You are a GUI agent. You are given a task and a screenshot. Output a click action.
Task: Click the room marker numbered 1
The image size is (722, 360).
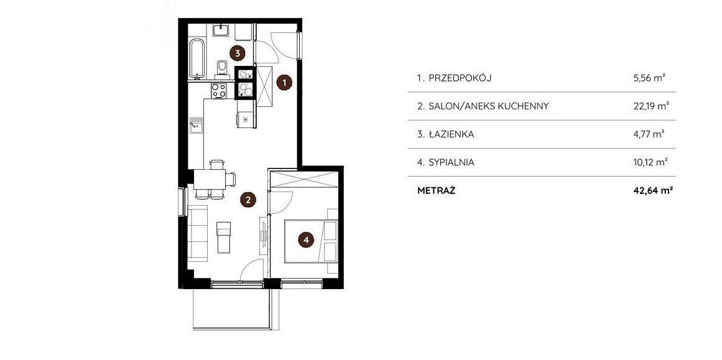[x=285, y=83]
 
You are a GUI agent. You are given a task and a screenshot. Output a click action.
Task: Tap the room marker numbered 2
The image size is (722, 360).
[x=248, y=200]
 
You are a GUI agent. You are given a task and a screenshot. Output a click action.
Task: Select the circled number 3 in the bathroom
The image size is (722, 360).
[x=237, y=53]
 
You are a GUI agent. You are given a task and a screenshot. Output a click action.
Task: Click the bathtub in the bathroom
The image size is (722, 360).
[x=197, y=58]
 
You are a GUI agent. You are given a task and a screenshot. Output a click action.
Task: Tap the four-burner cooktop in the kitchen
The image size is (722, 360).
[x=219, y=90]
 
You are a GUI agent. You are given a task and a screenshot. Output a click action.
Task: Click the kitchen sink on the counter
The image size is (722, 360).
[x=196, y=125]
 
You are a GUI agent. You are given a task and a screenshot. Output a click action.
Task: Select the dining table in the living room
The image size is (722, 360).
[x=210, y=180]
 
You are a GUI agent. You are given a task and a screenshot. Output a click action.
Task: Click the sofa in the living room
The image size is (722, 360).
[x=198, y=233]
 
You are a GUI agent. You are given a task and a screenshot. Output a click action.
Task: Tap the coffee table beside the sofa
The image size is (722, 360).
[x=223, y=237]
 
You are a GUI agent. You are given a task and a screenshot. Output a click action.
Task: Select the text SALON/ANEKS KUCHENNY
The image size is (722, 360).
[x=489, y=106]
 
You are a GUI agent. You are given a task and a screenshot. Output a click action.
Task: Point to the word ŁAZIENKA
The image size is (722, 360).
[x=451, y=134]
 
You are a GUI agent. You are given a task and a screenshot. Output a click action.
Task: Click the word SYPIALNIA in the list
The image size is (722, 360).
[x=451, y=162]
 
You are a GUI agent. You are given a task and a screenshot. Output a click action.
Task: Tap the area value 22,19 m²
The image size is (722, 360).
[x=651, y=106]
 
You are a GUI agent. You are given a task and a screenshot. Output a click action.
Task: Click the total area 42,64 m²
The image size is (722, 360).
[x=650, y=191]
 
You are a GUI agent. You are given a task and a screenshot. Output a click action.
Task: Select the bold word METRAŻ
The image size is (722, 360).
[x=436, y=190]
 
